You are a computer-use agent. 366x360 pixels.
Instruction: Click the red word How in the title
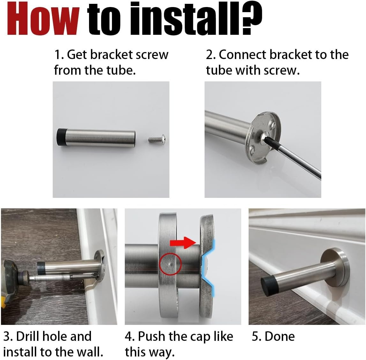(43, 19)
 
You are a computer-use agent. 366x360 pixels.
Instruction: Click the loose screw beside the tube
(157, 139)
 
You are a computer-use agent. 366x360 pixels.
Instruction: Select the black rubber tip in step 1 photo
(61, 138)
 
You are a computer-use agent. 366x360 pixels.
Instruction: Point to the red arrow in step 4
(183, 243)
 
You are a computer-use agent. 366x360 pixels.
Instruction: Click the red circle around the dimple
(170, 264)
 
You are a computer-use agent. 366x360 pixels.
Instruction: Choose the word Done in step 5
(280, 336)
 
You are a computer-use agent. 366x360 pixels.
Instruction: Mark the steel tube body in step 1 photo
(101, 139)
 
